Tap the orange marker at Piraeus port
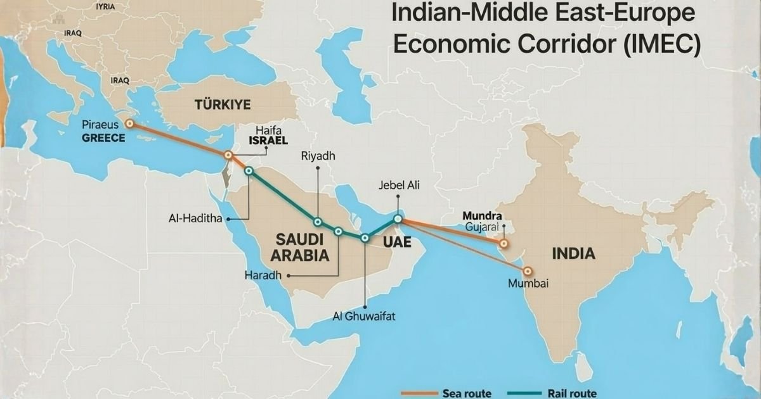[129, 124]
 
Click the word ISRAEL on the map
[268, 140]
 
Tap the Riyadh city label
[318, 156]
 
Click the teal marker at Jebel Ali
[398, 219]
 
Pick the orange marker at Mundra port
[504, 243]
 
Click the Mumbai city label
[528, 283]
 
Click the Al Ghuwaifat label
[364, 317]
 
